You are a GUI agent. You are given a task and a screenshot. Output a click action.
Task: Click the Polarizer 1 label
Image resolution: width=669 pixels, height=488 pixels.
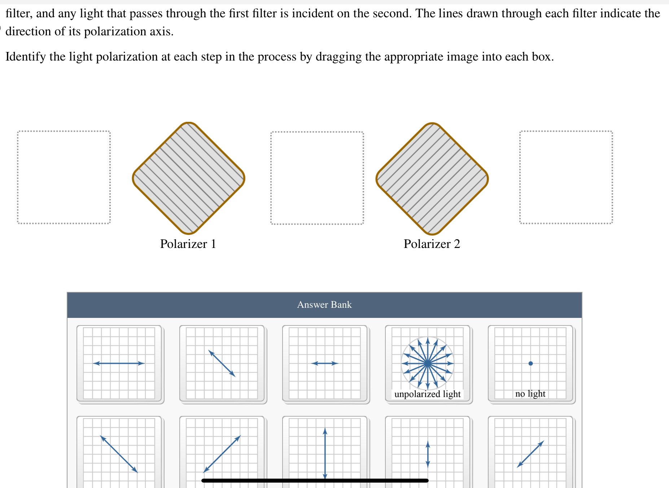(x=188, y=244)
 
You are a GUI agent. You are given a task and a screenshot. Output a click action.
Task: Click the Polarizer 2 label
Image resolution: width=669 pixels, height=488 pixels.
(x=432, y=244)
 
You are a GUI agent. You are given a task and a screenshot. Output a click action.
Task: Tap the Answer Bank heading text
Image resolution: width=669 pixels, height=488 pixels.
(x=324, y=305)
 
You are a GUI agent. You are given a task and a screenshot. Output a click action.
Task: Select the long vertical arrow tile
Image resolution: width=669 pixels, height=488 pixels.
(x=325, y=452)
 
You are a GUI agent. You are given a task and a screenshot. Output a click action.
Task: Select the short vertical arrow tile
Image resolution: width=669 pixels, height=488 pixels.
(x=428, y=452)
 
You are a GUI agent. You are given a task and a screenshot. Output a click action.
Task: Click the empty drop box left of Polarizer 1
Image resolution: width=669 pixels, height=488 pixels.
(x=64, y=177)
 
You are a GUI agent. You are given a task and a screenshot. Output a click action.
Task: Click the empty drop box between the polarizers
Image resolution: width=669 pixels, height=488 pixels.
(x=317, y=178)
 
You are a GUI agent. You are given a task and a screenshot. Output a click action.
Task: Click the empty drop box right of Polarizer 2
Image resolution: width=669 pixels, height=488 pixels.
(x=566, y=177)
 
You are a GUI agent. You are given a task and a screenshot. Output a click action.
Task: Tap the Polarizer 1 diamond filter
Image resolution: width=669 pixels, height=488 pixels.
(x=189, y=178)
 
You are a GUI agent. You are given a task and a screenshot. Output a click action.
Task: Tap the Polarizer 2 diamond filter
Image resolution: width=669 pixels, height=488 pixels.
(x=432, y=179)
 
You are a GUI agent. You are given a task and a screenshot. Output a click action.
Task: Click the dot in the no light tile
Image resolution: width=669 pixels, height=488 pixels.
(x=530, y=363)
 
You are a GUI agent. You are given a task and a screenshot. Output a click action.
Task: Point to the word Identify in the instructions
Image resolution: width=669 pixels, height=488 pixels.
(x=26, y=57)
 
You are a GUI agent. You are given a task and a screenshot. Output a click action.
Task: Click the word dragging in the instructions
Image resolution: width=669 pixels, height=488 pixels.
(x=338, y=57)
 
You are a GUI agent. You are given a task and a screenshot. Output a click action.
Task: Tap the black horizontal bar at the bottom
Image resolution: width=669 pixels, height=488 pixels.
(x=315, y=480)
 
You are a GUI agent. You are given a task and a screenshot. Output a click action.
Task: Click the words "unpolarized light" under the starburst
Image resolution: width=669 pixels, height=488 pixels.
(x=428, y=394)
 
